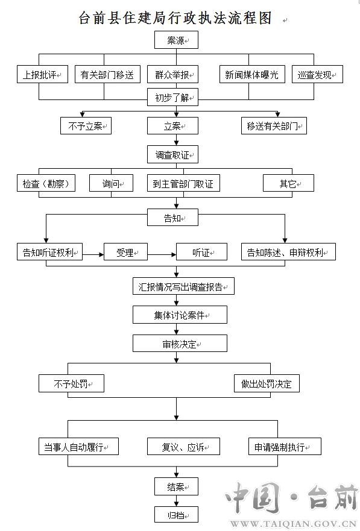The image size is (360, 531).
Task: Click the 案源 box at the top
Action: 176,40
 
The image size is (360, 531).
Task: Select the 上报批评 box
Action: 42,74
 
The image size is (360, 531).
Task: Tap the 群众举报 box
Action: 172,74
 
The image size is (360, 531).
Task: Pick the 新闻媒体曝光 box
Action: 252,74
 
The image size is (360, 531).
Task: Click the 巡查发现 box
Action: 317,74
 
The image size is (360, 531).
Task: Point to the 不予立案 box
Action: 86,125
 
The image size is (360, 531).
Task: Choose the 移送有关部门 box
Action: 274,125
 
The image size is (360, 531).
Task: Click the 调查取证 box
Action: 172,154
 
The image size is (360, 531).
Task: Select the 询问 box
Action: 111,183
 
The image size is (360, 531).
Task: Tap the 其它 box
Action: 288,183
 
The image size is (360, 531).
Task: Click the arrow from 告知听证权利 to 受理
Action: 93,254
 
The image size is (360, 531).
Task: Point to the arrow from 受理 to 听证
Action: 162,254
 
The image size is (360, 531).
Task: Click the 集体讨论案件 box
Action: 180,315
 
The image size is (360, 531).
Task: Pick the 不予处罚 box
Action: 71,383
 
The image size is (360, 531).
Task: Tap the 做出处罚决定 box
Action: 267,383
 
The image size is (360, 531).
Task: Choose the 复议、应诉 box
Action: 183,447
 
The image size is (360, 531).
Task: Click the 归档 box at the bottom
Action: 176,515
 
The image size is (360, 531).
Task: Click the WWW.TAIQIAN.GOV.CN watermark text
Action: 294,524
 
